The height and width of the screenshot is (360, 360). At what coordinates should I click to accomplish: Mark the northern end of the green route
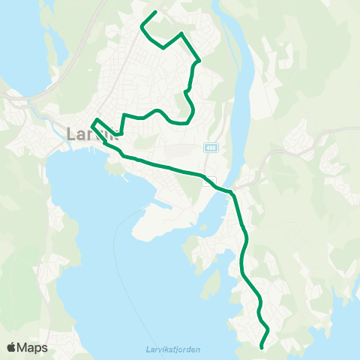click(x=154, y=12)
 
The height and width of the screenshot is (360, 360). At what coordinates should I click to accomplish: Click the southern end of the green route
click(x=261, y=347)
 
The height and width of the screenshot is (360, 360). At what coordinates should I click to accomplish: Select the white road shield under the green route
click(x=211, y=179)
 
